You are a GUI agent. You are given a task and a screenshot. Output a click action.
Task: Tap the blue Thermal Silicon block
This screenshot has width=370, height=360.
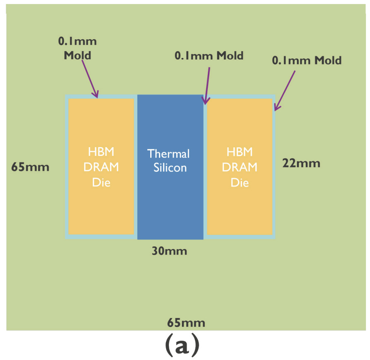pos(170,198)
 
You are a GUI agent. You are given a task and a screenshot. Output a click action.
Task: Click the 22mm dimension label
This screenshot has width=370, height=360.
pos(301,163)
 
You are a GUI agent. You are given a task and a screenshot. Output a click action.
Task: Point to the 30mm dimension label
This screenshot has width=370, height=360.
pos(168,251)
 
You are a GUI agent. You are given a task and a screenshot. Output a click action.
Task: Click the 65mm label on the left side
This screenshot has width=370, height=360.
pos(30,167)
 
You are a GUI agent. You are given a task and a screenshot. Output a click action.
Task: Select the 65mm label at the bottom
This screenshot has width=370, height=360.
pos(186,323)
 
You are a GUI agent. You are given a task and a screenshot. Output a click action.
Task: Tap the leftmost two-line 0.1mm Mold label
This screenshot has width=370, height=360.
pos(78,48)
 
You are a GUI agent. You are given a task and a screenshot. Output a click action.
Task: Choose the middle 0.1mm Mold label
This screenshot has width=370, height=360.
pos(209,56)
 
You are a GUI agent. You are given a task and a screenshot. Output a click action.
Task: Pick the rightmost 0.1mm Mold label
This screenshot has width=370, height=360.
pos(307,60)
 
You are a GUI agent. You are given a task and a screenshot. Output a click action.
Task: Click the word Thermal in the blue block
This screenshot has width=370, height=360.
pos(169,154)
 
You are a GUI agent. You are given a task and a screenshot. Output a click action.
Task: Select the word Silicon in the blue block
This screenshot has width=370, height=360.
pos(170,168)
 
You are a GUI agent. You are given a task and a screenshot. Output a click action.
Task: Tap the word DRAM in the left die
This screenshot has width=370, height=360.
pos(101,167)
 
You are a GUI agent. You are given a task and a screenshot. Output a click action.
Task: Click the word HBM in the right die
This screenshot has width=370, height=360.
pos(240,152)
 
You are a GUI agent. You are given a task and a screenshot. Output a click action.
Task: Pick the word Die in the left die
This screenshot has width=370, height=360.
pos(101,182)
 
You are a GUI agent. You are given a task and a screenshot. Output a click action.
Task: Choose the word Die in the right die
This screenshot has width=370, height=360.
pos(240,182)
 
